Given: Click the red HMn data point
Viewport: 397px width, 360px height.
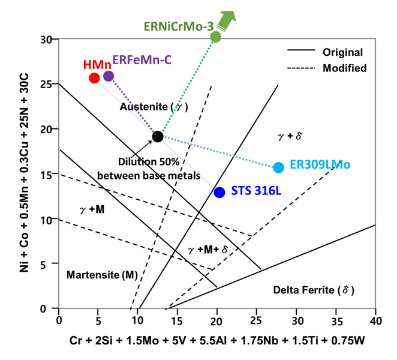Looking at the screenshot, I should pos(94,78).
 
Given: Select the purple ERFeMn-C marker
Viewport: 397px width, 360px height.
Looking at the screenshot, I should pos(109,76).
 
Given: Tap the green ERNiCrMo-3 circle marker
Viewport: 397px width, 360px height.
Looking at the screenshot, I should pos(216,37).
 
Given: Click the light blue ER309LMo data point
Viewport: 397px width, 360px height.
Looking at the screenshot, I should pos(278,167).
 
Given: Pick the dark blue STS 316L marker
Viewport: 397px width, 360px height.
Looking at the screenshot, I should pos(219,192).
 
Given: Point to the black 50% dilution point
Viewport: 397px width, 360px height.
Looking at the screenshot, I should pos(158,137).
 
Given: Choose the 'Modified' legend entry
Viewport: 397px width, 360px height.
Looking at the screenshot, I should pos(344,68).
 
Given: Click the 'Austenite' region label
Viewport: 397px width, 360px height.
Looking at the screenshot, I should pos(154,106).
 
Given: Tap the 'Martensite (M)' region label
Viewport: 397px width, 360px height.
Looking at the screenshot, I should pos(101,275).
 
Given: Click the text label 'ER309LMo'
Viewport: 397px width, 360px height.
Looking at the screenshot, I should pos(320,164).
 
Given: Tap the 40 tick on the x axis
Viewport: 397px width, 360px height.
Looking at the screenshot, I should pos(375,320).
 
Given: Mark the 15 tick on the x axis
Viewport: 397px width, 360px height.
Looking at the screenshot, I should pos(178,320).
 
